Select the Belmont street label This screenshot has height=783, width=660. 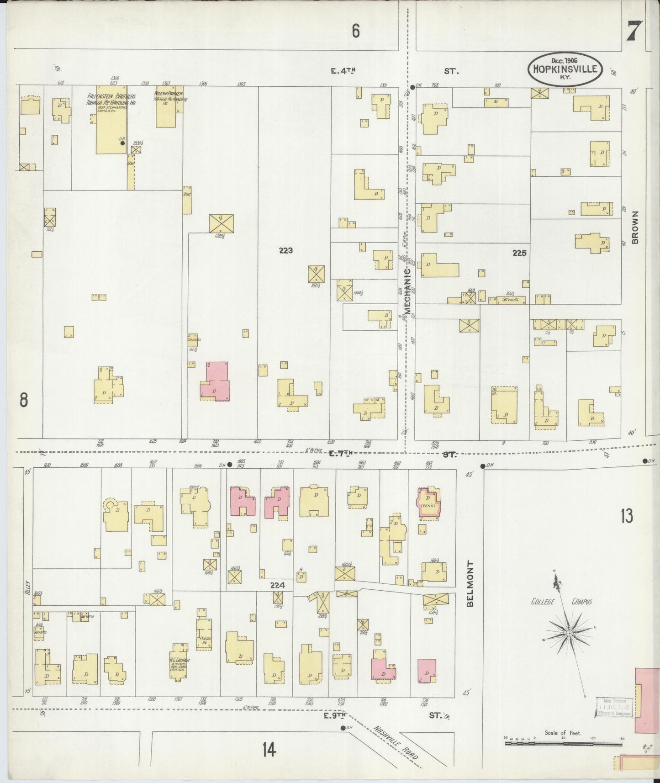(470, 583)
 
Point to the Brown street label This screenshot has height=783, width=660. (635, 227)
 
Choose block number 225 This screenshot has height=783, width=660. (519, 253)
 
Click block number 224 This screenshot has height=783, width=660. (277, 585)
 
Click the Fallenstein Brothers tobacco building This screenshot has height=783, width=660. (111, 123)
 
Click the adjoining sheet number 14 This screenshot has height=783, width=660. (269, 749)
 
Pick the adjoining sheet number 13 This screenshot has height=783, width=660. (627, 516)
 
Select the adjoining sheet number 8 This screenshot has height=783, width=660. (24, 400)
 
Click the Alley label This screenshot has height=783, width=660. (27, 589)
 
